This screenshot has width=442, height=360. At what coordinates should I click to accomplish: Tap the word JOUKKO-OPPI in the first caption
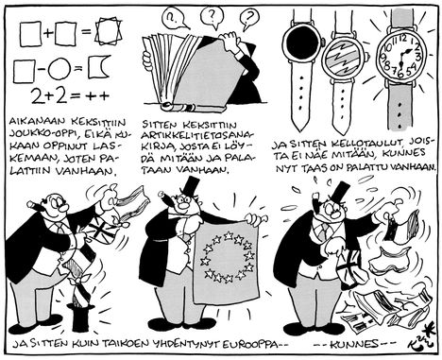pyautogui.click(x=36, y=133)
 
